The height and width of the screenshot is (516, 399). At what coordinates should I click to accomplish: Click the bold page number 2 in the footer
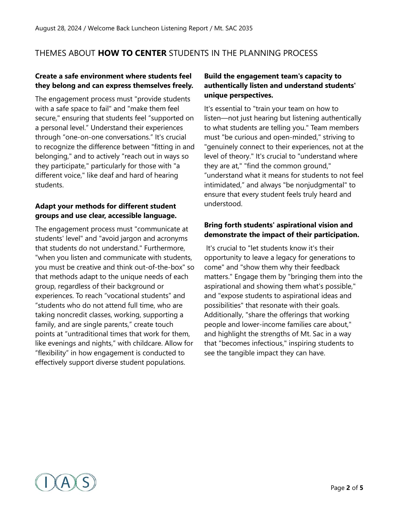[x=348, y=488]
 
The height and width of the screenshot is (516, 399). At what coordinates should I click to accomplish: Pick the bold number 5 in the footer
[x=361, y=488]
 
